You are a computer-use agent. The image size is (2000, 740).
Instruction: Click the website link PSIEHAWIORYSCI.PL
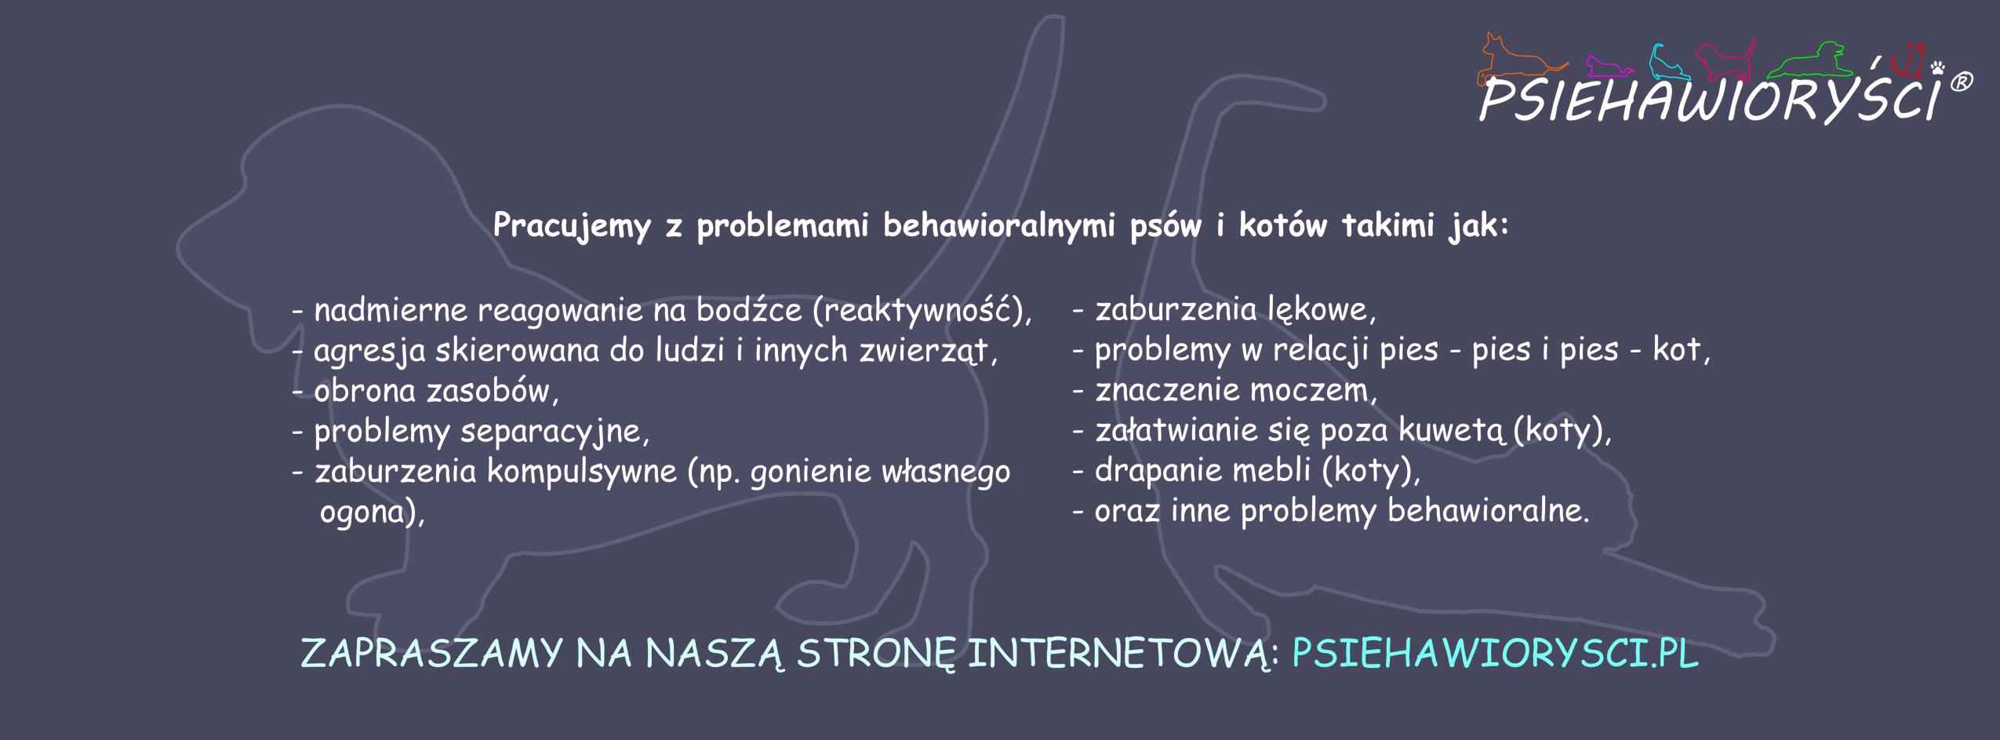tap(1496, 654)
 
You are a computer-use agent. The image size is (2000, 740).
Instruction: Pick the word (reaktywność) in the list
tap(922, 312)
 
